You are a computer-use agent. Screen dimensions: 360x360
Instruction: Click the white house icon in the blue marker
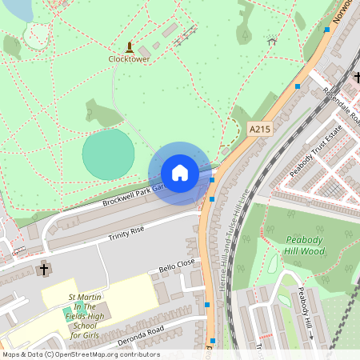(x=179, y=173)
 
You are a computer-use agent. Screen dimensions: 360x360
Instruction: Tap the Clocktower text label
(x=129, y=58)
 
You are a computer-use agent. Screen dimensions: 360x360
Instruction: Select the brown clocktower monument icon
(x=130, y=46)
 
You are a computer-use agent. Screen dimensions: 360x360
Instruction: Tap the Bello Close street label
(x=177, y=265)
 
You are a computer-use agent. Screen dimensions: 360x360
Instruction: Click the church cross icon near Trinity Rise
(x=44, y=269)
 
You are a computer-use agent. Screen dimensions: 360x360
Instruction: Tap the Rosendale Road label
(x=340, y=108)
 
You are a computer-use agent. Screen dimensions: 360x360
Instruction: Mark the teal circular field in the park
(x=108, y=154)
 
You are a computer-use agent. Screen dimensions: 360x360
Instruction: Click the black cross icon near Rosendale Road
(x=357, y=78)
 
